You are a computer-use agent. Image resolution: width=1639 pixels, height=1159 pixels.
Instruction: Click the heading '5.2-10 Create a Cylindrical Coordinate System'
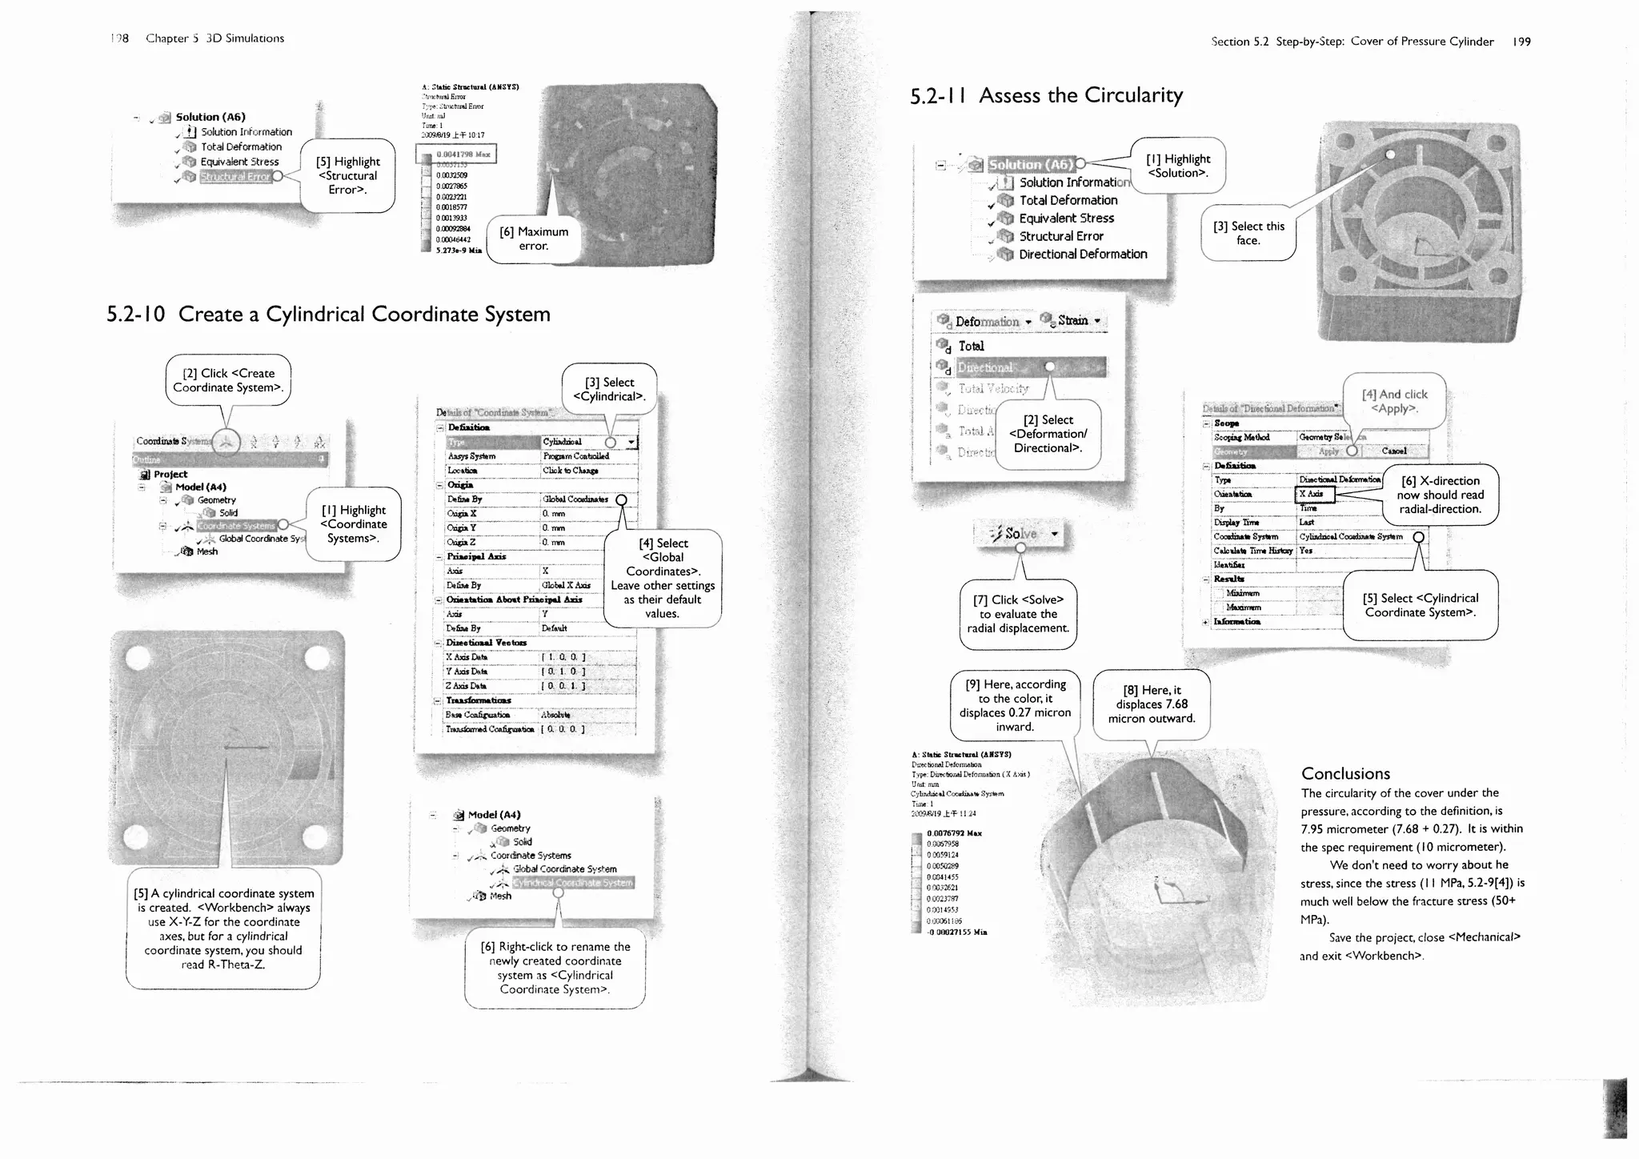tap(328, 314)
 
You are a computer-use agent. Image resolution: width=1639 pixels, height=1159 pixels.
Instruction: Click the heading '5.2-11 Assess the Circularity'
tap(1046, 95)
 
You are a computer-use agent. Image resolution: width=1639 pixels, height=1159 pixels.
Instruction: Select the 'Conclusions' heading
tap(1345, 773)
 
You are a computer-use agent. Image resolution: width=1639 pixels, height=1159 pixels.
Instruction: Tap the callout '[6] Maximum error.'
tap(534, 239)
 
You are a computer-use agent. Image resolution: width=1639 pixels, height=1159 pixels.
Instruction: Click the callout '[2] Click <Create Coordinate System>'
tap(228, 380)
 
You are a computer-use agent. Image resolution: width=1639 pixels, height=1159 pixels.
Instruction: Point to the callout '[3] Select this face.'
tap(1248, 233)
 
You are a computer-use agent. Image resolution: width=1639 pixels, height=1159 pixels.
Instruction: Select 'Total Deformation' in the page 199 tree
tap(1068, 200)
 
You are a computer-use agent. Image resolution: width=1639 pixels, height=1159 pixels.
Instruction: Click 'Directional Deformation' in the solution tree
tap(1082, 254)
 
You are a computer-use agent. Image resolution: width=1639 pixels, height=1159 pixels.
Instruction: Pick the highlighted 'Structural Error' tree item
tap(235, 176)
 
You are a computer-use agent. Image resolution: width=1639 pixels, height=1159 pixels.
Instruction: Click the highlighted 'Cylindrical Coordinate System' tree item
tap(572, 882)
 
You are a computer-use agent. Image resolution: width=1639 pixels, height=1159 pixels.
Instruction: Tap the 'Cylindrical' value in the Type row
tap(563, 442)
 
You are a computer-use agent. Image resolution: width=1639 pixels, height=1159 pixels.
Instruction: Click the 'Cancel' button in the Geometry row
tap(1393, 451)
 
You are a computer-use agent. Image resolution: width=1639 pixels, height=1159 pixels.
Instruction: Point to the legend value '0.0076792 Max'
tap(954, 833)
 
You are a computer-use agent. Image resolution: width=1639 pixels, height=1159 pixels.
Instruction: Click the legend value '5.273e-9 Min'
tap(459, 251)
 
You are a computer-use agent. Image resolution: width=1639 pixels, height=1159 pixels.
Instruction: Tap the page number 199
tap(1521, 42)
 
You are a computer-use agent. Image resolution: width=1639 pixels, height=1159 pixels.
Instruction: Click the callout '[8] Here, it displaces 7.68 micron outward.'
tap(1151, 704)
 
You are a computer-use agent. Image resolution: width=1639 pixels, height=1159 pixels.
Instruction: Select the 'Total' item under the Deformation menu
tap(971, 346)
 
